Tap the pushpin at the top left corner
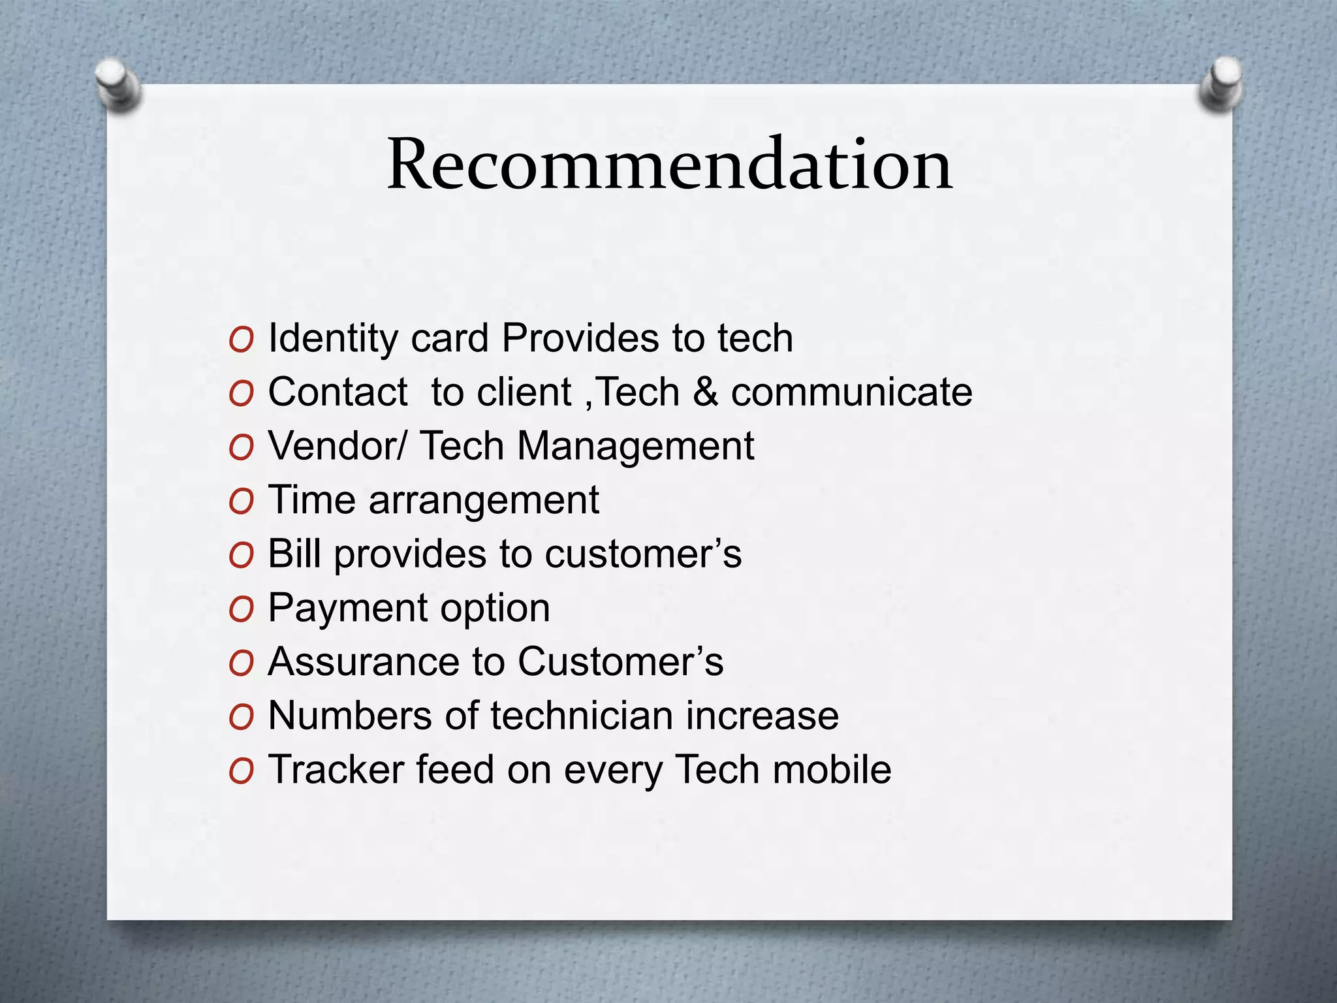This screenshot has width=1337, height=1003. (118, 84)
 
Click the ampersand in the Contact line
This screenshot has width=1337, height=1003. (705, 392)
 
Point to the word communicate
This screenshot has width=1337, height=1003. (851, 392)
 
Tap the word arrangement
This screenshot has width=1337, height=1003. (483, 501)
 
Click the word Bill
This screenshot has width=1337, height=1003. (294, 554)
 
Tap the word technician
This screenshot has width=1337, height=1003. (581, 716)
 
